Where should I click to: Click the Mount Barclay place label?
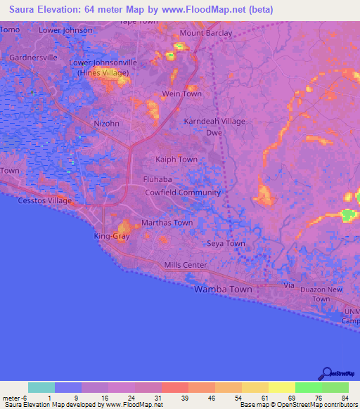(x=205, y=33)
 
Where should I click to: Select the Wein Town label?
(x=182, y=93)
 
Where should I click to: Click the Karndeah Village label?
(x=214, y=122)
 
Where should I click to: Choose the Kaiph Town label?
(x=176, y=160)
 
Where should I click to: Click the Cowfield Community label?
(x=183, y=193)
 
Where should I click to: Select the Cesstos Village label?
(x=46, y=200)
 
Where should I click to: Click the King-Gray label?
(x=111, y=237)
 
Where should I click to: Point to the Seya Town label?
(x=226, y=244)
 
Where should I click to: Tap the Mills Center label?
(x=186, y=265)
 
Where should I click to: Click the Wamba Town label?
(x=223, y=289)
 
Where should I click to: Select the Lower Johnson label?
(x=65, y=30)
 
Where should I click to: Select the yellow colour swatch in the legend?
(x=281, y=387)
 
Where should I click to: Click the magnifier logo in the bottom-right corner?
(x=328, y=373)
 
